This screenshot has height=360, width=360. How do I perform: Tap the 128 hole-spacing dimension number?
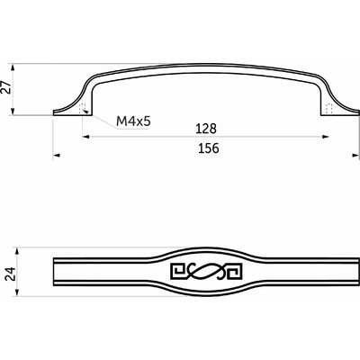coord(205,130)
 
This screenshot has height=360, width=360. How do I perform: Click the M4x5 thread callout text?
coord(130,120)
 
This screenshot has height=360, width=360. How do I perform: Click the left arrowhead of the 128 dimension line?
coord(85,138)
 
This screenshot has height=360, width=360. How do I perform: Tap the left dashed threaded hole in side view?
coord(85,108)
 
